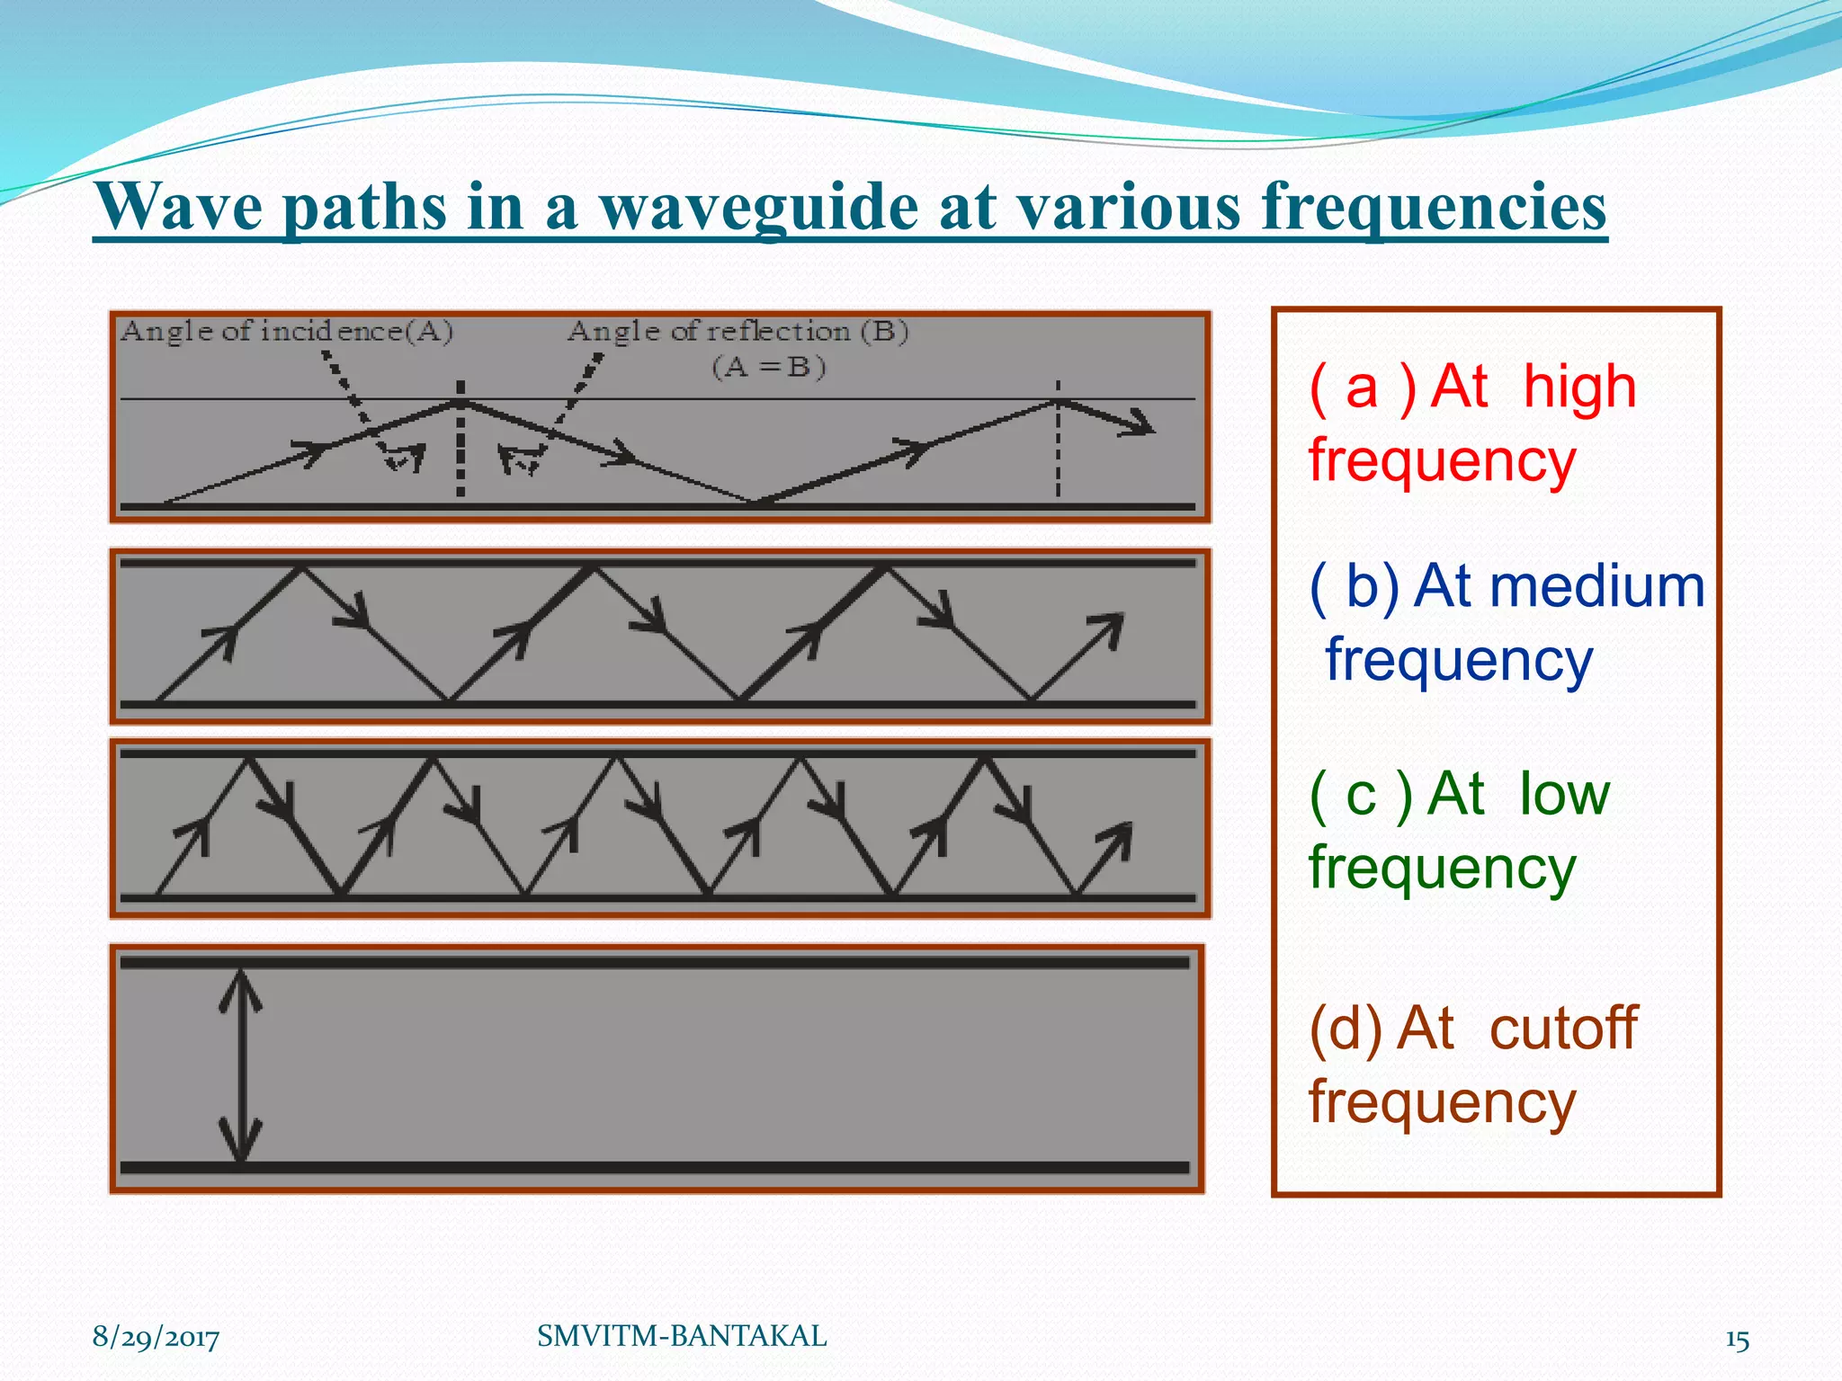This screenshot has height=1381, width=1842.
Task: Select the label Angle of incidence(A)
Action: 286,332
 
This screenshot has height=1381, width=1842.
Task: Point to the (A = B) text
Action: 769,367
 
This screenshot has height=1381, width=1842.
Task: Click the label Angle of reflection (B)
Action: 738,332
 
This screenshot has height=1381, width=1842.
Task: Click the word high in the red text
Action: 1579,387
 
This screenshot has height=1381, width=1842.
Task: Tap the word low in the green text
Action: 1564,794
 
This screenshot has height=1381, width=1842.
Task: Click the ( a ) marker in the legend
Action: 1362,388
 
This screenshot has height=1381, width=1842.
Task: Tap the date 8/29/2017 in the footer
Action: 156,1337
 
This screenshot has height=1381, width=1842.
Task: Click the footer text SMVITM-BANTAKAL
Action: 682,1336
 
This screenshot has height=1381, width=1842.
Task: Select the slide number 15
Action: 1737,1340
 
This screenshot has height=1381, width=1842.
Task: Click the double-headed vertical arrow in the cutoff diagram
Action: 241,1065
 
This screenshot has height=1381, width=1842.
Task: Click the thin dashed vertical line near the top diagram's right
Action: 1058,450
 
